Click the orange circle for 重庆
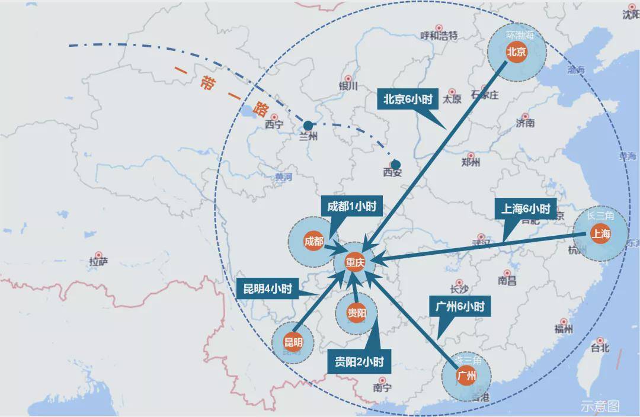tap(355, 264)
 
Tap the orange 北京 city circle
tap(516, 52)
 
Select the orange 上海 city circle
tap(600, 234)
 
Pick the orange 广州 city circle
tap(466, 375)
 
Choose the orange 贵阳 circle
tap(356, 313)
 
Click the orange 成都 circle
tap(313, 241)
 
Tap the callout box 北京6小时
tap(408, 100)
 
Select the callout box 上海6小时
tap(526, 209)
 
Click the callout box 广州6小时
tap(460, 307)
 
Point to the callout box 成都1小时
tap(351, 207)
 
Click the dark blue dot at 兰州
tap(308, 126)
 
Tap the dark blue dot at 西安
tap(395, 165)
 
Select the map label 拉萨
tap(98, 262)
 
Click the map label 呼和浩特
tap(439, 35)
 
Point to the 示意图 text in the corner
tap(600, 406)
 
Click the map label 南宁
tap(383, 388)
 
